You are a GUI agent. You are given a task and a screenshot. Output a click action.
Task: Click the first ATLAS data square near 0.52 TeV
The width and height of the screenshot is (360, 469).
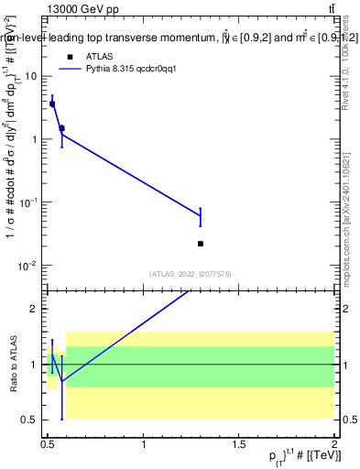(52, 104)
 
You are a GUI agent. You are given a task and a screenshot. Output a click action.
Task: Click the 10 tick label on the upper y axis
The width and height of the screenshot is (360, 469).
(33, 76)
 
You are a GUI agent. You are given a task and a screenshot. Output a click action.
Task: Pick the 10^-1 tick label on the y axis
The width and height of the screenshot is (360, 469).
(30, 202)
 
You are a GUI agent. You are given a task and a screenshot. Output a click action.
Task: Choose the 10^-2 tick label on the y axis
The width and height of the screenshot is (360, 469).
(30, 266)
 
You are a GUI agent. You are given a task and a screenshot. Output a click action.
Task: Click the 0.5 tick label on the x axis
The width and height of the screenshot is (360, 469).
(48, 444)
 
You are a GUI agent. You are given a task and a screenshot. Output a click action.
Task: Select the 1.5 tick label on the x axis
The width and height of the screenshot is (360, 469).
(239, 444)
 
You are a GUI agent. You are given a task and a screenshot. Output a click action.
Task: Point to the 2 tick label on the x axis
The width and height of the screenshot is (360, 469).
(334, 444)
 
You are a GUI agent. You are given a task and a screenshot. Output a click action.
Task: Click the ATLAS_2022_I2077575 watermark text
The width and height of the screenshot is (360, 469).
(191, 273)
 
